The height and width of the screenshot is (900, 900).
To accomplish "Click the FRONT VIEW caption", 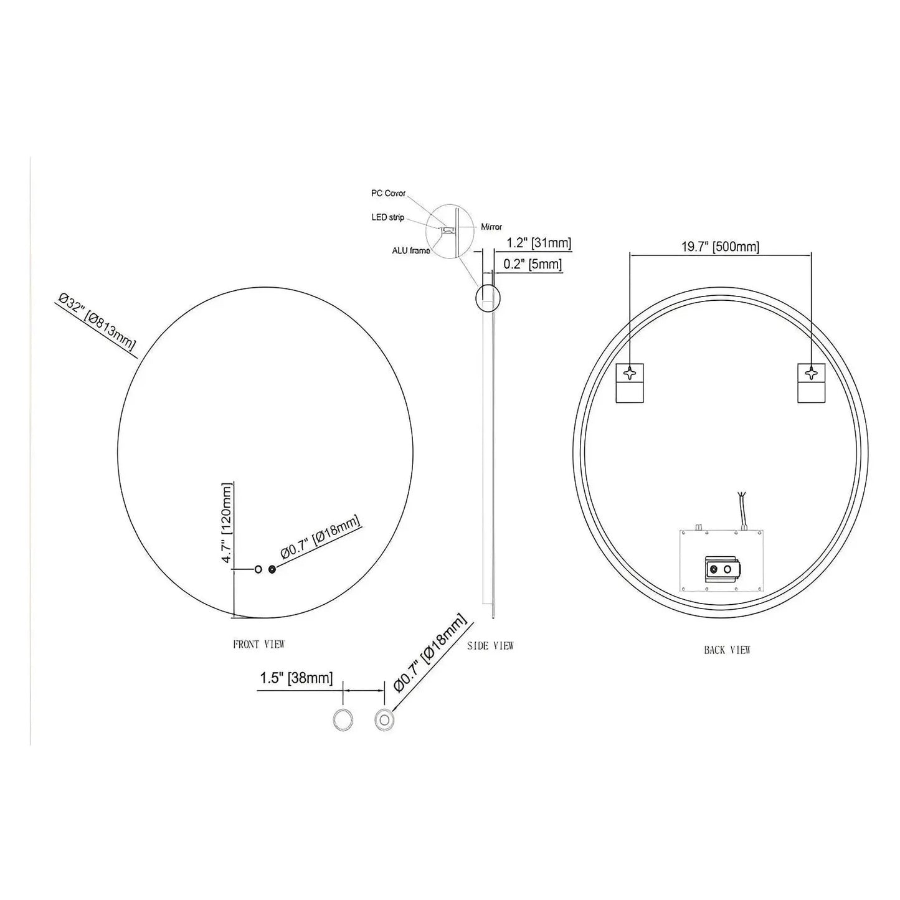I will tap(258, 644).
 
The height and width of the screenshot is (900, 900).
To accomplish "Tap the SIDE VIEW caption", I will tap(490, 646).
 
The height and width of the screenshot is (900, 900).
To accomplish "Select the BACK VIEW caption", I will tap(727, 650).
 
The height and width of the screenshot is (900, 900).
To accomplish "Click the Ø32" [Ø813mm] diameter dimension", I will tap(97, 326).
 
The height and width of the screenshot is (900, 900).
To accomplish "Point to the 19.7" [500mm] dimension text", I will tap(720, 247).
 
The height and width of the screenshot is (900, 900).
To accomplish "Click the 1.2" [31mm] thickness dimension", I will tap(538, 243).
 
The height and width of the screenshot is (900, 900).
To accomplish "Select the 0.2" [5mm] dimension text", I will tap(532, 264).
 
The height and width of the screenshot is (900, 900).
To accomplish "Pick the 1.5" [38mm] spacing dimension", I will tap(296, 678).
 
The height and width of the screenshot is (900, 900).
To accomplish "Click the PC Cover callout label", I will tap(388, 194).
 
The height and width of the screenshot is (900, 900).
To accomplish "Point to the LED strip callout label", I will tap(388, 217).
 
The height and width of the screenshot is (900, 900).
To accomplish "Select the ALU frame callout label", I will tap(410, 251).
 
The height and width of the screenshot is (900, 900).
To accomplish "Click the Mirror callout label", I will tap(491, 227).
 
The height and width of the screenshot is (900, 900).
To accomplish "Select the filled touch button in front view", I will tap(272, 569).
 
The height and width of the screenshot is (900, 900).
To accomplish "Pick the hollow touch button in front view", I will tap(258, 569).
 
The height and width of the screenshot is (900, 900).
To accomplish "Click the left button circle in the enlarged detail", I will tap(343, 719).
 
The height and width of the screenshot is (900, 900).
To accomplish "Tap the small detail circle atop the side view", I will tap(487, 297).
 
